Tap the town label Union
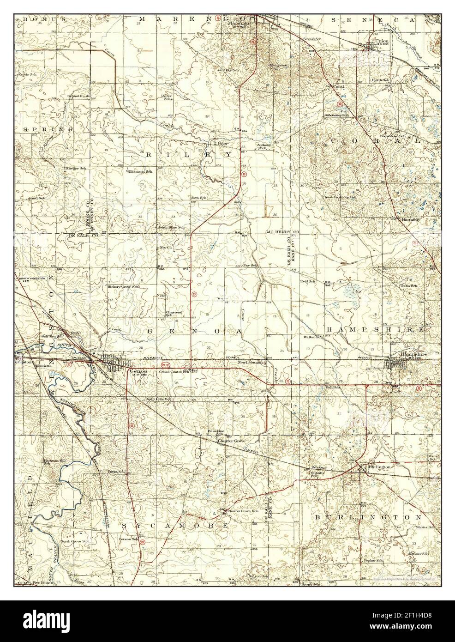(382, 41)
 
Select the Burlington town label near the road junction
(379, 467)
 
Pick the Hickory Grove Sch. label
(123, 286)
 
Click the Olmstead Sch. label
(174, 314)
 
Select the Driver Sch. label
(166, 97)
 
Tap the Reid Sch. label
(308, 281)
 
